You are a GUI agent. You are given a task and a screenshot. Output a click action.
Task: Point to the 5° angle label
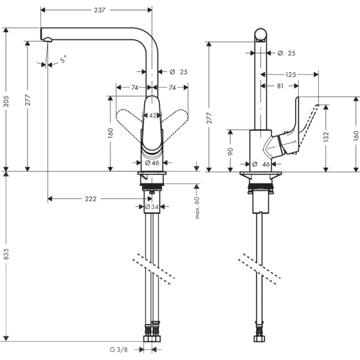(62, 60)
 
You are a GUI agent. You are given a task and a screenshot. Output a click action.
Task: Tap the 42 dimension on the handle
(152, 116)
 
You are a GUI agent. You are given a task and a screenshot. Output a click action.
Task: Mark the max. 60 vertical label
(197, 207)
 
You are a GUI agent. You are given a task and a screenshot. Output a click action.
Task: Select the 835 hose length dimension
(7, 257)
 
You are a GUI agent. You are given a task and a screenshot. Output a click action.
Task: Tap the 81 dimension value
(280, 86)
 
